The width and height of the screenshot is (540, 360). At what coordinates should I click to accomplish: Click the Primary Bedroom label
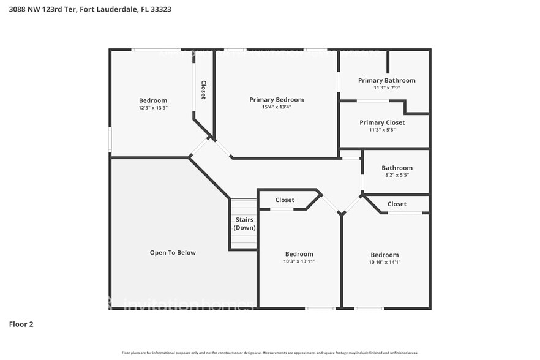(x=276, y=100)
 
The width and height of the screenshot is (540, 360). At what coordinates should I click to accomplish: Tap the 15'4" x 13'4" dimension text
(x=276, y=107)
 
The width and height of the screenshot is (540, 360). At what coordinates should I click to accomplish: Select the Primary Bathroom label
(x=386, y=80)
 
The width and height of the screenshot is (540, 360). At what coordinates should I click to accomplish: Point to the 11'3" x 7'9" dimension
(x=386, y=88)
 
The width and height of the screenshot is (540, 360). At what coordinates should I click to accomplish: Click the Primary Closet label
(x=382, y=122)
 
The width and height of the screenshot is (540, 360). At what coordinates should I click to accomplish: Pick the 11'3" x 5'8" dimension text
(x=382, y=130)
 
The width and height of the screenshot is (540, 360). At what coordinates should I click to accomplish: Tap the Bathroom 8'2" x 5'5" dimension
(x=397, y=175)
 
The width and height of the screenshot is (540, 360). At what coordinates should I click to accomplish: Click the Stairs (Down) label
(x=244, y=223)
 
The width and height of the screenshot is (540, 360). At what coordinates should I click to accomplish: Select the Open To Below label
(x=173, y=252)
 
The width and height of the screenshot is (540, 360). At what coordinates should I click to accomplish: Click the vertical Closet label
(x=203, y=90)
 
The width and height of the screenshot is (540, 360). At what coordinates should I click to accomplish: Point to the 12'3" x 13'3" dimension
(x=152, y=108)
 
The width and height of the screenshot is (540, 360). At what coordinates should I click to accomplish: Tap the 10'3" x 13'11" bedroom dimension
(x=299, y=261)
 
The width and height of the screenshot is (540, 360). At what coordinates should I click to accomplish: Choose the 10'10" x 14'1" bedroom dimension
(x=384, y=262)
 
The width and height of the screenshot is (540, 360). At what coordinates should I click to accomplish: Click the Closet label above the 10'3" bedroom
(x=285, y=200)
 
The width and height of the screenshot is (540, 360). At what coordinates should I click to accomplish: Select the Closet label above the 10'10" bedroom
(x=397, y=204)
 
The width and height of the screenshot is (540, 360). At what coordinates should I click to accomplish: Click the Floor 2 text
(x=21, y=324)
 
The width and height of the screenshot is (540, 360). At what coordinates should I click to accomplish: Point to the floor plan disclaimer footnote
(x=269, y=353)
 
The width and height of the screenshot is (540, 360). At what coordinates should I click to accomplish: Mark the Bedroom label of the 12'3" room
(x=152, y=100)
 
